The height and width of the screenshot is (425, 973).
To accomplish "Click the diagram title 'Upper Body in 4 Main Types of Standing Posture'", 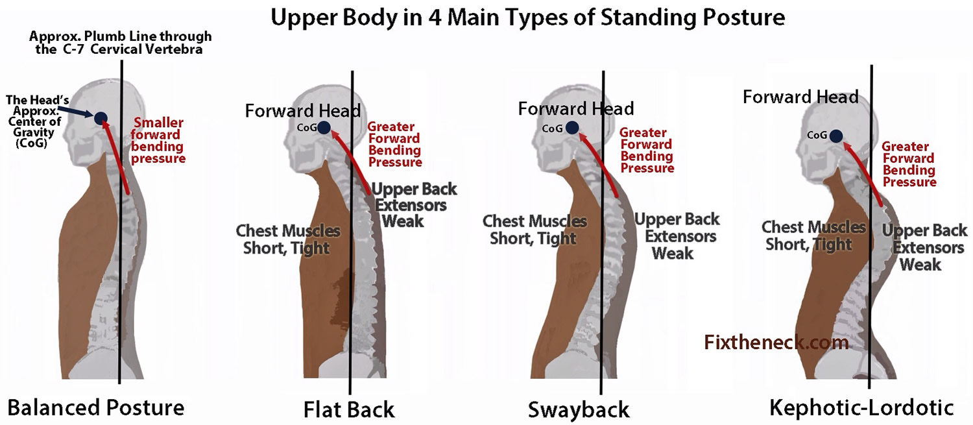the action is (527, 18).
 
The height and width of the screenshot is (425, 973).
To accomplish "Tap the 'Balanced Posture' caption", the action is (96, 407).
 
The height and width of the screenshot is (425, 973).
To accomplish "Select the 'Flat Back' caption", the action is (349, 409).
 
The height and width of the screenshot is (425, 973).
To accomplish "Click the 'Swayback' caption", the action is (579, 410).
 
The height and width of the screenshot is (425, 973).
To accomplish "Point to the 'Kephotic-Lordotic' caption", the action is (862, 407).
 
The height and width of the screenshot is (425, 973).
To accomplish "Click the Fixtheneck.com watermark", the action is (776, 343).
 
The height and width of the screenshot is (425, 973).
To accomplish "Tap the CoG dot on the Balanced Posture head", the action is (101, 117).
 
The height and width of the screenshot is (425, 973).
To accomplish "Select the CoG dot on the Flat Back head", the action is (324, 128).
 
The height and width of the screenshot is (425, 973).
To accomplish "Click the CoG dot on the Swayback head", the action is (572, 127).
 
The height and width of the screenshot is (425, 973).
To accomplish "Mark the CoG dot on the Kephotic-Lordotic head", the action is (836, 136).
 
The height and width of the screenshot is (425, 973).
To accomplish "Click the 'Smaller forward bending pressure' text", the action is (158, 140).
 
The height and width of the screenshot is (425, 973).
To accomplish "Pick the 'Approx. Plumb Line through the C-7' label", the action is (120, 43).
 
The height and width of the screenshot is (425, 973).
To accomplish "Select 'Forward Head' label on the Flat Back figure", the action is (303, 111).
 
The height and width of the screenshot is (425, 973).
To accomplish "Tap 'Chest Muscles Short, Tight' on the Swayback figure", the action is (535, 230).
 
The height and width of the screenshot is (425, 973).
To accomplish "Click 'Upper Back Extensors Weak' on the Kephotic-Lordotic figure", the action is (924, 247).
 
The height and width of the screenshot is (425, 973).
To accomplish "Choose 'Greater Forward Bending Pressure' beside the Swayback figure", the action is (647, 150).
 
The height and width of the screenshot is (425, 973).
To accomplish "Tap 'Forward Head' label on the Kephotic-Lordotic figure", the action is (800, 97).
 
